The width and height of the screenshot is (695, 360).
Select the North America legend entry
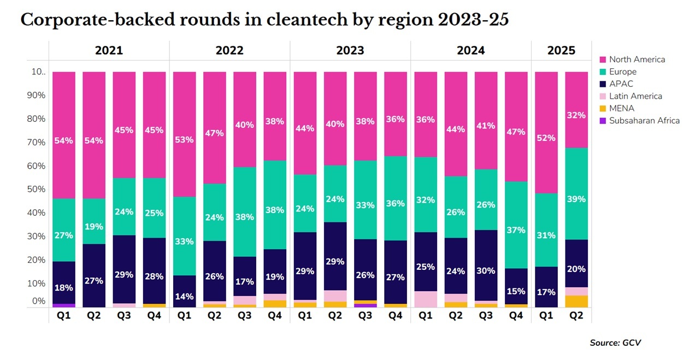tap(637, 60)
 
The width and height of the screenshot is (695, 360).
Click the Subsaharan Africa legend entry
tap(644, 120)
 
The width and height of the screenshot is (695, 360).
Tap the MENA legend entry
tap(621, 108)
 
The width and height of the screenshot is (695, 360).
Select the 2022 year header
tap(229, 51)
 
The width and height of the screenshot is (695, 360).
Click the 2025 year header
tap(561, 51)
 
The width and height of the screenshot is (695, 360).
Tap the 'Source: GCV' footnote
tap(615, 343)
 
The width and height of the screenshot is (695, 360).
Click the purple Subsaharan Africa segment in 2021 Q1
tap(64, 305)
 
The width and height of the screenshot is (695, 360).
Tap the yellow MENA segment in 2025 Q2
tap(576, 301)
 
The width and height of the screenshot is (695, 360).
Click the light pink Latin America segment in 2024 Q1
tap(425, 299)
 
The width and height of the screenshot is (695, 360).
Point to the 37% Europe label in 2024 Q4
tap(515, 231)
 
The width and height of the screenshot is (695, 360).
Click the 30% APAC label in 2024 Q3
tap(485, 270)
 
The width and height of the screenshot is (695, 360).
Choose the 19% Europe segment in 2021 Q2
tap(94, 226)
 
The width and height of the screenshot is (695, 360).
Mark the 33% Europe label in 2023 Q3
tap(365, 205)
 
